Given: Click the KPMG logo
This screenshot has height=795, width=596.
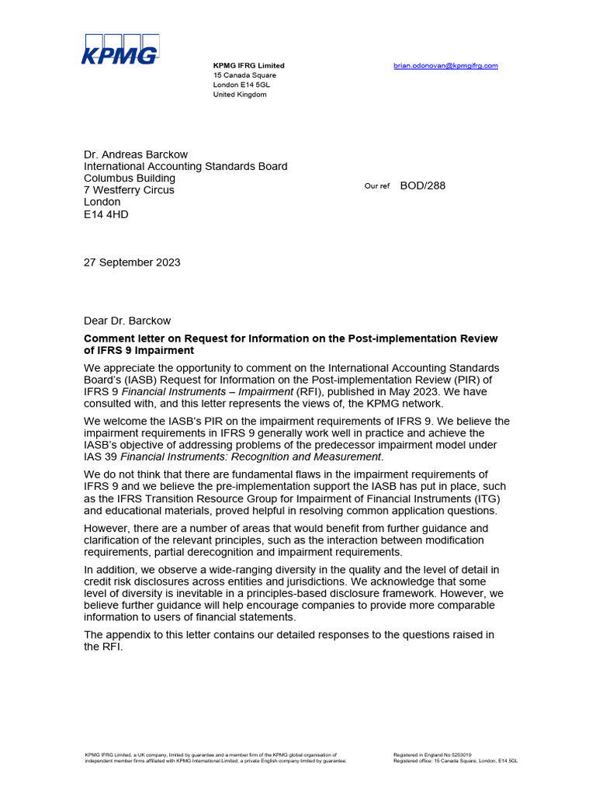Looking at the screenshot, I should pyautogui.click(x=120, y=49).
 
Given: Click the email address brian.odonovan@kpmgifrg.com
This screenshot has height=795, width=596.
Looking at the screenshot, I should pyautogui.click(x=445, y=66).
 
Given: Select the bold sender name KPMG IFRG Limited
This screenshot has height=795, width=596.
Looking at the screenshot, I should pyautogui.click(x=249, y=66).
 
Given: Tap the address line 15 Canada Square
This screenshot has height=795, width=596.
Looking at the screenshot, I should pyautogui.click(x=244, y=75).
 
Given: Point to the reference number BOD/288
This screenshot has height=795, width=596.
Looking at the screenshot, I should pyautogui.click(x=423, y=186).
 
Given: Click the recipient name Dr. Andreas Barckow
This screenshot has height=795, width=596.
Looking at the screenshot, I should pyautogui.click(x=136, y=154).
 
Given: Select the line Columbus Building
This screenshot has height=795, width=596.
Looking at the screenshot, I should pyautogui.click(x=129, y=179).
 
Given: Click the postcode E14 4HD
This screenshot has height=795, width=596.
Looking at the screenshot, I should pyautogui.click(x=106, y=214).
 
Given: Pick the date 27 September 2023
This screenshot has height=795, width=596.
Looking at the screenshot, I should pyautogui.click(x=132, y=262).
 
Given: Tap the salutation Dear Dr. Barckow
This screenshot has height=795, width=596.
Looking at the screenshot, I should pyautogui.click(x=127, y=321).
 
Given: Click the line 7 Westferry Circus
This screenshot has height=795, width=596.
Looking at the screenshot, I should pyautogui.click(x=129, y=190).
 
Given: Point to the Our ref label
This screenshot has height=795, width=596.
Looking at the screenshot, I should pyautogui.click(x=377, y=186).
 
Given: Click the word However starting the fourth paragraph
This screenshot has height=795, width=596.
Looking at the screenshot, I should pyautogui.click(x=107, y=529).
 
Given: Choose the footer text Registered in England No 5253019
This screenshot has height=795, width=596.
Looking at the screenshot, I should pyautogui.click(x=432, y=755).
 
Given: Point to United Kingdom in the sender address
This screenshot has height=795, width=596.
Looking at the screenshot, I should pyautogui.click(x=240, y=95).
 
